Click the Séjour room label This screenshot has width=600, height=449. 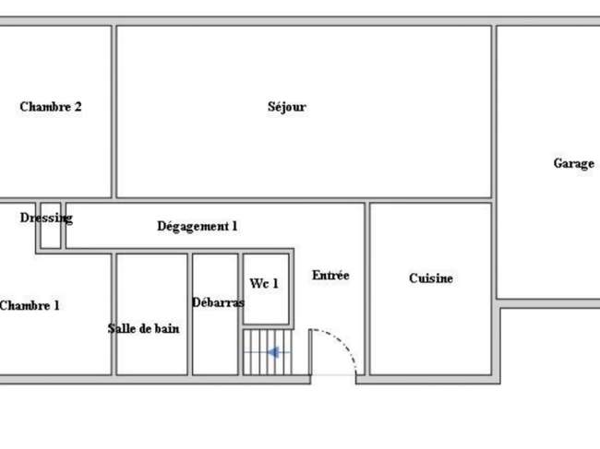coord(287,107)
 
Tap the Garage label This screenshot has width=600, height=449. coord(574,163)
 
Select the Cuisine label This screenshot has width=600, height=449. coord(431,278)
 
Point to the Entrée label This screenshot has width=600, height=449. coord(330,275)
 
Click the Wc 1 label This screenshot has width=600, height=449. coord(264,284)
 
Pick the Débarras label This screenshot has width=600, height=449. coord(218,302)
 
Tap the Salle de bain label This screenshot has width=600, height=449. coord(143,328)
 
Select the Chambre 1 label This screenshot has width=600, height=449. coord(30,306)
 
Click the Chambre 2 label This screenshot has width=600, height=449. coord(51,107)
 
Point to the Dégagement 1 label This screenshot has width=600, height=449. coord(198,226)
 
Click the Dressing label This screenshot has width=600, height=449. coord(46,218)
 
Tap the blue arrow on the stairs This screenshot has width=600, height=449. coord(273,352)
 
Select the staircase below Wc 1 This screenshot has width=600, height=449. coord(268,352)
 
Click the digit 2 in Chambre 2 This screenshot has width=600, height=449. coord(78,107)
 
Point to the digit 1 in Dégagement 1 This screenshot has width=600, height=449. coord(234,226)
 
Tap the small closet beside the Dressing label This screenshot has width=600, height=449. coord(51,226)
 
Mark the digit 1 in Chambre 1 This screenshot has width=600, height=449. coord(56,306)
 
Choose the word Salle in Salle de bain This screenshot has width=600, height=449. coord(119,328)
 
